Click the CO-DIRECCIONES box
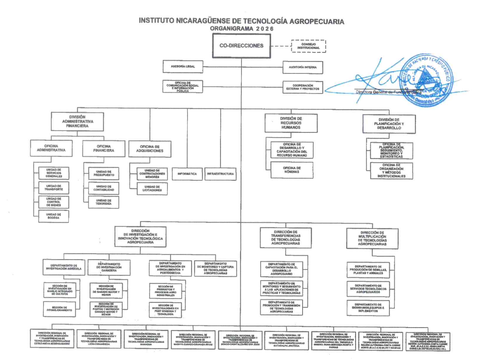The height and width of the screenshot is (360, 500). point(241,46)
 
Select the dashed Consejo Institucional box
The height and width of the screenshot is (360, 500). point(308,46)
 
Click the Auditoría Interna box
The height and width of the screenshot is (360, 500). point(303,67)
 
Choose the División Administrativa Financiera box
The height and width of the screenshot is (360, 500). point(77,121)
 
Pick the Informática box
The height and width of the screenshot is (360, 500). point(187,174)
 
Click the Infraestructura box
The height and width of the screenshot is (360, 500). point(221,174)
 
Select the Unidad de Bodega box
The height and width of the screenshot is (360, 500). point(54,217)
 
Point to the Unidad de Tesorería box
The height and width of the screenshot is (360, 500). point(104,202)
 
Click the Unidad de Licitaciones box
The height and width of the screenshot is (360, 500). point(152,188)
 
